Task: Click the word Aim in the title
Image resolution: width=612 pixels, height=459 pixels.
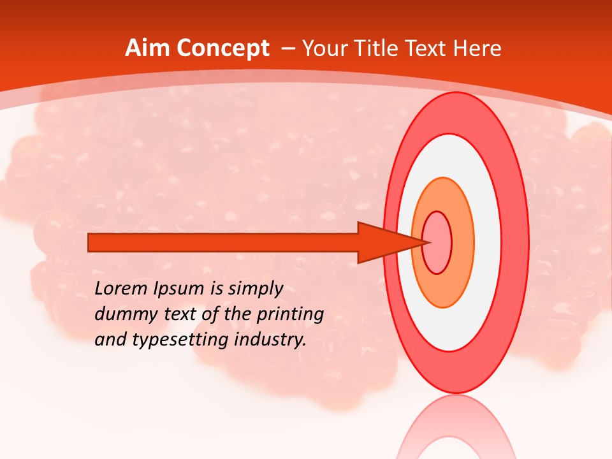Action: pos(149,48)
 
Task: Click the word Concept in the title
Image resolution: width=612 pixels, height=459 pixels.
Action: pos(224,48)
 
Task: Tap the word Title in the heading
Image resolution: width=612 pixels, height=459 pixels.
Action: pos(383,48)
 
